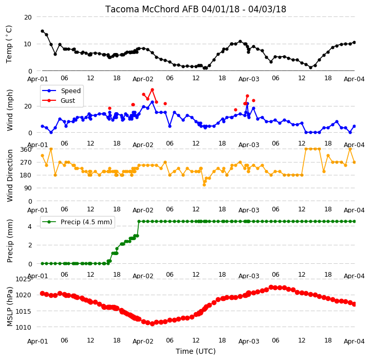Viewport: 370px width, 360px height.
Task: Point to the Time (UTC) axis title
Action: point(196,351)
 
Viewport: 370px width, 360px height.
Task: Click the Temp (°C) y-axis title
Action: point(9,44)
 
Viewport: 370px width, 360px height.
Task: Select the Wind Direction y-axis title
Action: point(10,175)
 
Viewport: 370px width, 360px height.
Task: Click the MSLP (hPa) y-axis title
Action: point(10,307)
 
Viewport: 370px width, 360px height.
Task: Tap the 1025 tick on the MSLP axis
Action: point(23,279)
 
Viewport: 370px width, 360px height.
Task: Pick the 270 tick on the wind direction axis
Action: point(26,163)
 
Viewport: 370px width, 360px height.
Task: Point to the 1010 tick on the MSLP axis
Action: point(23,328)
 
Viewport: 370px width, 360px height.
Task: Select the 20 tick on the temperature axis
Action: point(28,17)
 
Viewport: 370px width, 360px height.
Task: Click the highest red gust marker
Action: point(152,90)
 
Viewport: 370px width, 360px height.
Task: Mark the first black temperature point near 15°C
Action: point(43,31)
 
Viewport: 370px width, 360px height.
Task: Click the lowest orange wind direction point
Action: point(204,185)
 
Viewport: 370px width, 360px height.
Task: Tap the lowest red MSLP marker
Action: point(152,323)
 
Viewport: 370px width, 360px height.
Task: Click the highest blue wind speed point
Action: point(152,102)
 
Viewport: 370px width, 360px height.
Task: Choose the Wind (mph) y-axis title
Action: point(10,110)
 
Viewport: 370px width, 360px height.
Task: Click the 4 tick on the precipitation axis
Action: point(30,226)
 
